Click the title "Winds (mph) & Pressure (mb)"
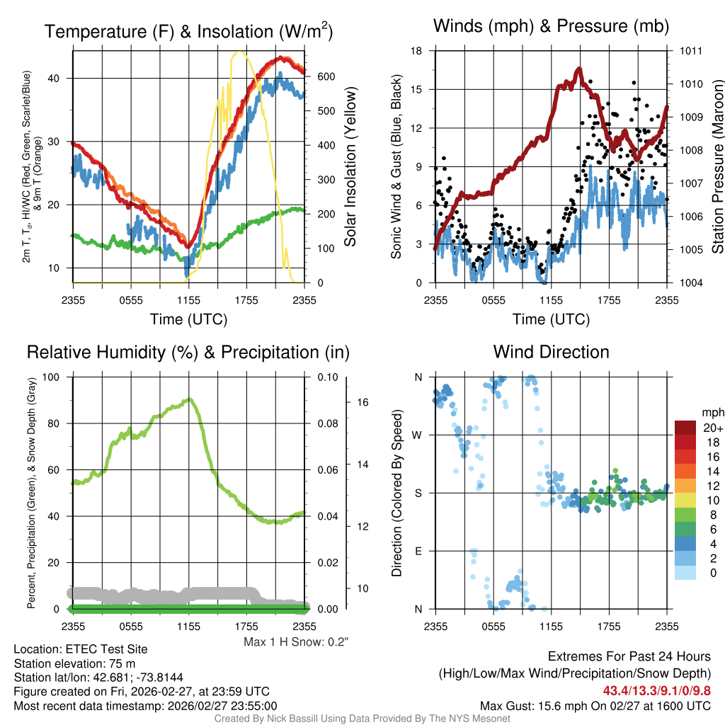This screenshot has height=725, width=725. point(551,27)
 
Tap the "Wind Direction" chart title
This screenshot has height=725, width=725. point(551,352)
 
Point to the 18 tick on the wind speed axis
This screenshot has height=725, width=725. point(417,51)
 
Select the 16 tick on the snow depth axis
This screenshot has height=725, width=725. point(363,402)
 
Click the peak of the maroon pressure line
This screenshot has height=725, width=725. point(578,69)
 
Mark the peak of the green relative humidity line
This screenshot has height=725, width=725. point(189,400)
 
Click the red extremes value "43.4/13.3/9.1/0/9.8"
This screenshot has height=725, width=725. point(657,690)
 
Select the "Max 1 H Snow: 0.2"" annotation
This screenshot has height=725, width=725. point(296,642)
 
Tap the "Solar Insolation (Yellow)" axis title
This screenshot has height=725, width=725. point(350,167)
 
